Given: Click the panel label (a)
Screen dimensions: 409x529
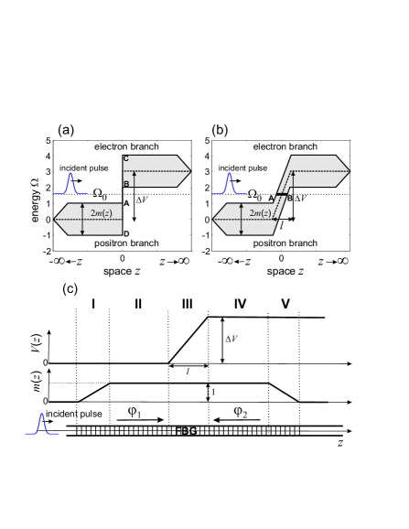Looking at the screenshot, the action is tap(66, 130).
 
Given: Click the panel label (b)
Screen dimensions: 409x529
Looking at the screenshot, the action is tap(221, 130).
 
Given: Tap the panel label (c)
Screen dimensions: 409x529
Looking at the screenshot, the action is tap(70, 289).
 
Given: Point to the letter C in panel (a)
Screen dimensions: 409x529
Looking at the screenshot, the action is tap(125, 158).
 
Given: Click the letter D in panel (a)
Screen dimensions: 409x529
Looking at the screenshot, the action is tap(126, 233).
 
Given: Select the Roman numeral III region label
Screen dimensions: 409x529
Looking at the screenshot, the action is tap(188, 304).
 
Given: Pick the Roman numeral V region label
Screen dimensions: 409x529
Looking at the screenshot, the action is tap(285, 304).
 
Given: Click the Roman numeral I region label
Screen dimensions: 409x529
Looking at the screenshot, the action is tap(93, 304).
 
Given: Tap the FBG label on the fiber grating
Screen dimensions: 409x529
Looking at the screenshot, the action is tap(186, 431).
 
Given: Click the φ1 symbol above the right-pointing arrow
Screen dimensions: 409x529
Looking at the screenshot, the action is tap(135, 412).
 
